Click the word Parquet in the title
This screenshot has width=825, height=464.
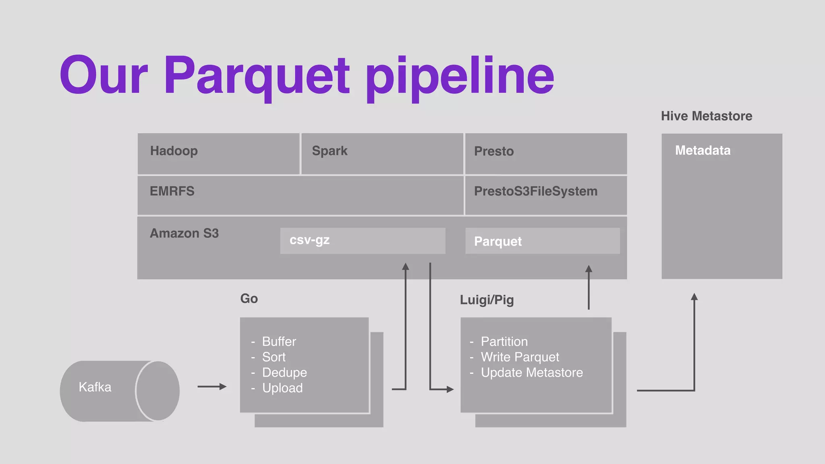point(257,77)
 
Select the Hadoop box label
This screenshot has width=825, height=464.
point(174,151)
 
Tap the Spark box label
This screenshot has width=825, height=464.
point(330,151)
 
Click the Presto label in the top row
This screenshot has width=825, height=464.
point(493,151)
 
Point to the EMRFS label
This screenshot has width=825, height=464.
point(172,191)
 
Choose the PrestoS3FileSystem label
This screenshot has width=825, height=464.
point(535,191)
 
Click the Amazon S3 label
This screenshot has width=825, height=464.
point(184,233)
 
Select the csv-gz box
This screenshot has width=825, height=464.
point(363,240)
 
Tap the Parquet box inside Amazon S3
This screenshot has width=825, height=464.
point(542,241)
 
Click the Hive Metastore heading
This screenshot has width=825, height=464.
point(706,116)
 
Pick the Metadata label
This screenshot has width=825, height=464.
point(703,150)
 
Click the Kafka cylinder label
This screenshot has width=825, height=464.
point(95,387)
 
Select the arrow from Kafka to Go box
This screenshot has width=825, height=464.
point(212,387)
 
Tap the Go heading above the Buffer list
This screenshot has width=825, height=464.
point(249,298)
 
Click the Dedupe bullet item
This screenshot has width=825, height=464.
point(284,373)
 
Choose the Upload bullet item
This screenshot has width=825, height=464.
point(282,388)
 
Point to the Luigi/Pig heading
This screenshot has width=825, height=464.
point(487,300)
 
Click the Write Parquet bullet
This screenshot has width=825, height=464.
point(520,357)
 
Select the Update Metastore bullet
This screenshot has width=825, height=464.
point(531,373)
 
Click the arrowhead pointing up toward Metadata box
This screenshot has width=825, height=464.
point(694,297)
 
